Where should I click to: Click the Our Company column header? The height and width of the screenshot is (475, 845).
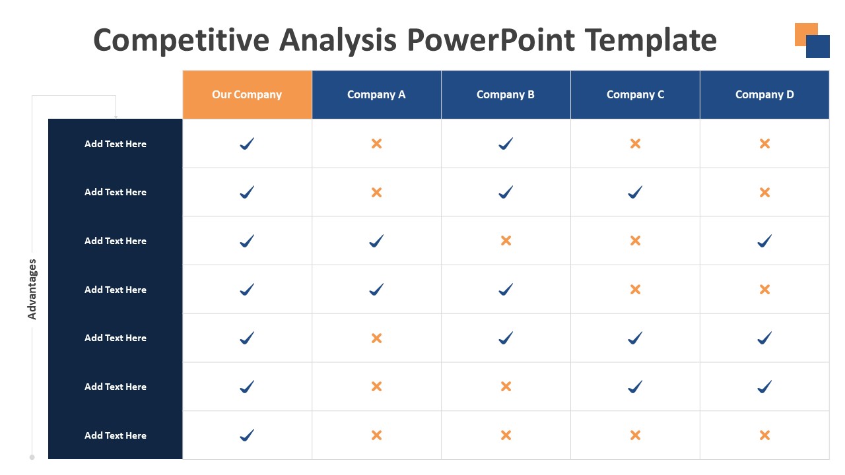(247, 94)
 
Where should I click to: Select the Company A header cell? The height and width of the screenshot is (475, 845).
(376, 94)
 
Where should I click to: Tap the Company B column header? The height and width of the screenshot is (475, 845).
(506, 94)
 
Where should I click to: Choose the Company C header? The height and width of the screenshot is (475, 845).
(635, 94)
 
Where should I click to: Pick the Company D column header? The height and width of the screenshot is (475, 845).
(764, 94)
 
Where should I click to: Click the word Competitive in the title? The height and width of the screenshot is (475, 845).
(181, 41)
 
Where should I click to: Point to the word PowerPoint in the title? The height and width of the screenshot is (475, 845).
(490, 40)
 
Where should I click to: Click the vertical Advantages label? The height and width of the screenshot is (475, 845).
(32, 289)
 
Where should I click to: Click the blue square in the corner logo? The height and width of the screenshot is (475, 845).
(818, 46)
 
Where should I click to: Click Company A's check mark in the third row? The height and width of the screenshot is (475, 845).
(376, 241)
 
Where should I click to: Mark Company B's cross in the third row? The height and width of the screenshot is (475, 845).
(506, 241)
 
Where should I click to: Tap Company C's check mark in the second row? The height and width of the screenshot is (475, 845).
(635, 192)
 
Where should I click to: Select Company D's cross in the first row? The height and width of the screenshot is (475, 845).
(764, 144)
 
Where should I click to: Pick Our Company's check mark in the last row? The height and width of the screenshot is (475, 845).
(247, 435)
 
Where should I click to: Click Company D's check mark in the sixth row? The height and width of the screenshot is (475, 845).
(764, 387)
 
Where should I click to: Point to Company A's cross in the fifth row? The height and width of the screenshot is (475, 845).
(376, 338)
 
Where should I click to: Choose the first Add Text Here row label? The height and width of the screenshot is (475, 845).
(116, 144)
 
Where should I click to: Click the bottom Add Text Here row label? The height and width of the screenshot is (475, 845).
(116, 435)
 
